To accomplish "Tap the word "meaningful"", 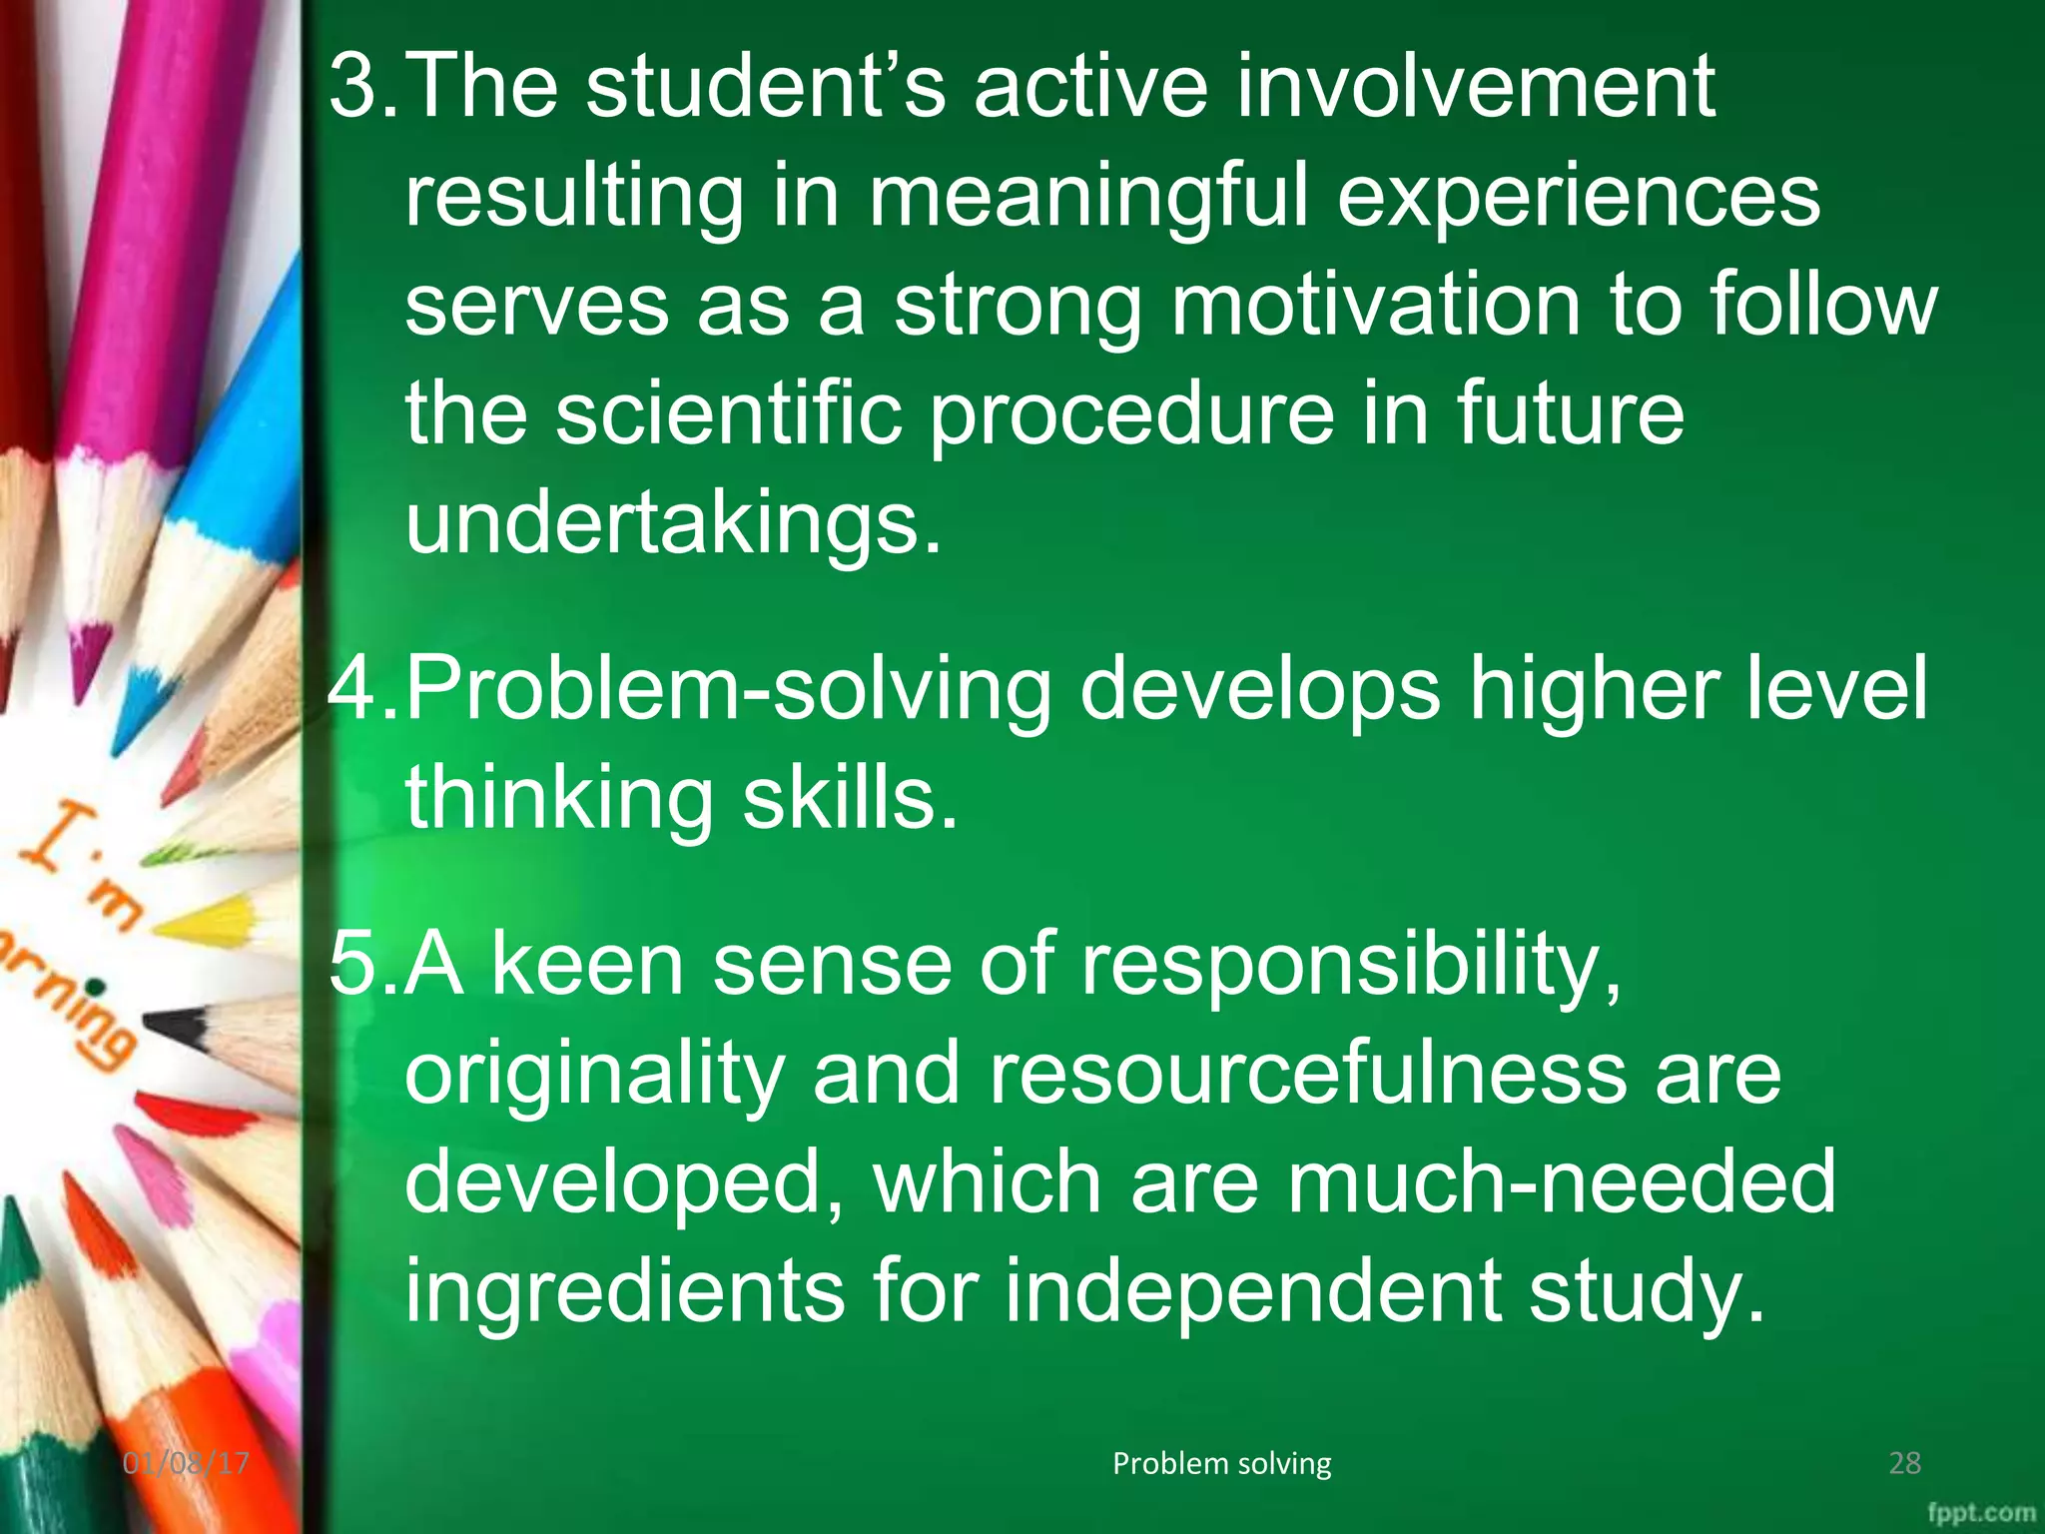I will pos(1087,197).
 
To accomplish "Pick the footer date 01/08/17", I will pos(186,1463).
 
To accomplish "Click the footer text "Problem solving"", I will pos(1221,1463).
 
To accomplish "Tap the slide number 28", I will pos(1904,1463).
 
